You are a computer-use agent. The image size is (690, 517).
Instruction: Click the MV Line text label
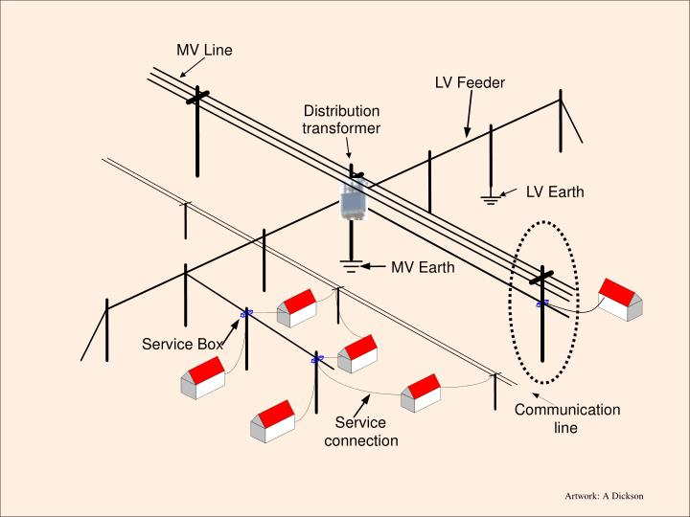click(x=204, y=50)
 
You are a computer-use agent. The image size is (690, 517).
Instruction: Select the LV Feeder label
click(x=470, y=83)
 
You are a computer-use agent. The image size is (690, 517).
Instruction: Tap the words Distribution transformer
click(x=341, y=120)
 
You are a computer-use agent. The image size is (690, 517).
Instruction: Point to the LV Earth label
click(x=554, y=191)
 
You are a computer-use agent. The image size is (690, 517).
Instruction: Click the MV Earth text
click(x=423, y=267)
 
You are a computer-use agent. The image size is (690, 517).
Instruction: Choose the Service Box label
click(x=182, y=344)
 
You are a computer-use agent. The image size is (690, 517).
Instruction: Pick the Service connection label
click(x=360, y=432)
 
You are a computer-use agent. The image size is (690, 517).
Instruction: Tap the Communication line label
click(x=566, y=418)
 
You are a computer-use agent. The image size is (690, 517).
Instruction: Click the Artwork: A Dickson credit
click(x=604, y=496)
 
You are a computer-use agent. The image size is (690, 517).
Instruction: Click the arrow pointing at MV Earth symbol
click(x=375, y=266)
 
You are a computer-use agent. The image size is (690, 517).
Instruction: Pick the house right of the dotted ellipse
click(x=619, y=298)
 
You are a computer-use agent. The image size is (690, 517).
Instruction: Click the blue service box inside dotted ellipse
click(x=542, y=304)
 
